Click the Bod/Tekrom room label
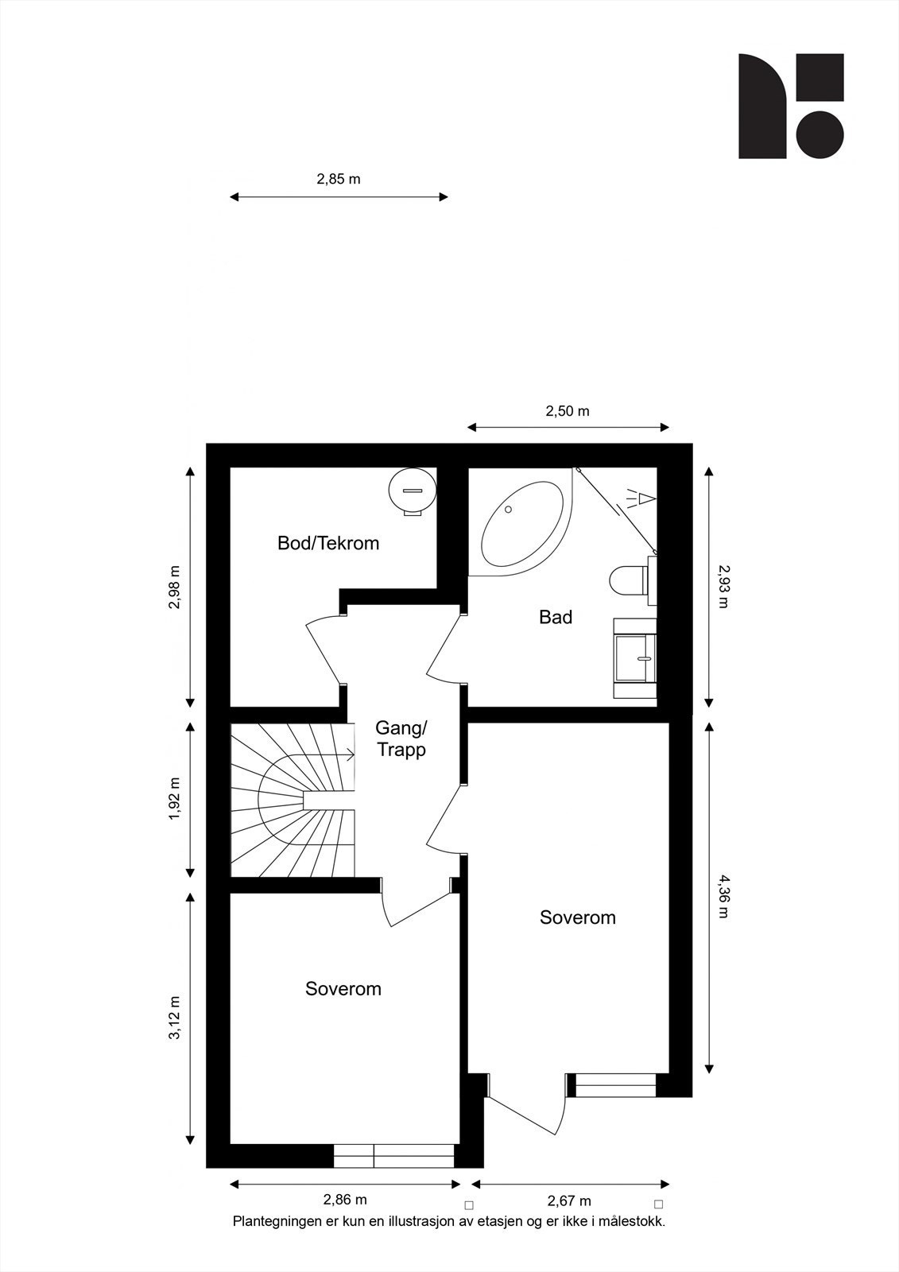click(x=328, y=544)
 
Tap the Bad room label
click(x=556, y=617)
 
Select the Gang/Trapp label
click(x=401, y=739)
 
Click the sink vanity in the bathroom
click(x=635, y=658)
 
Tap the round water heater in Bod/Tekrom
click(x=413, y=491)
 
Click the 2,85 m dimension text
click(x=339, y=180)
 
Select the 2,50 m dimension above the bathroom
click(x=568, y=411)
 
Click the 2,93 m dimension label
click(x=723, y=586)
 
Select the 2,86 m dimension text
click(x=345, y=1200)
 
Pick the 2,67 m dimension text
click(x=570, y=1201)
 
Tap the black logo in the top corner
click(x=791, y=107)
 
